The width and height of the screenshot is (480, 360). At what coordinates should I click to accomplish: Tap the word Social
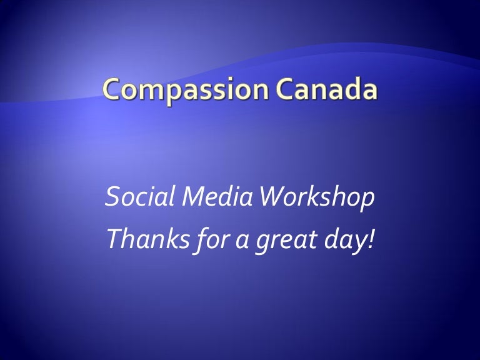pos(131,198)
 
